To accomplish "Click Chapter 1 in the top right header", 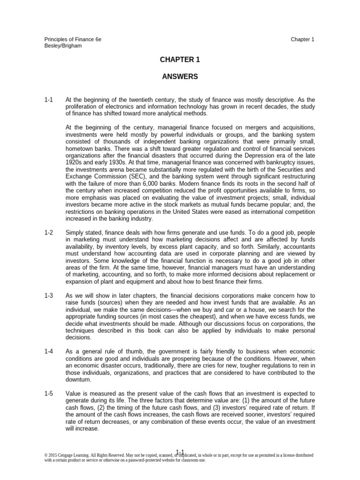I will coord(302,40).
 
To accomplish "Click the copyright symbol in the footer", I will coord(46,455).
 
